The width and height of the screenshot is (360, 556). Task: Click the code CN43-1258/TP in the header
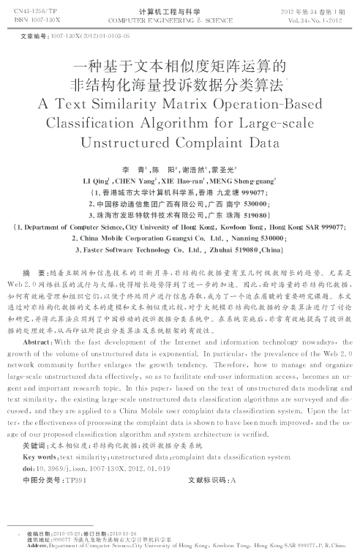(31, 12)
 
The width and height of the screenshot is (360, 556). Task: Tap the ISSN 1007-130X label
(29, 20)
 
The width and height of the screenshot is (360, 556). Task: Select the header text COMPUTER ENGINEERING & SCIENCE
(179, 21)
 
